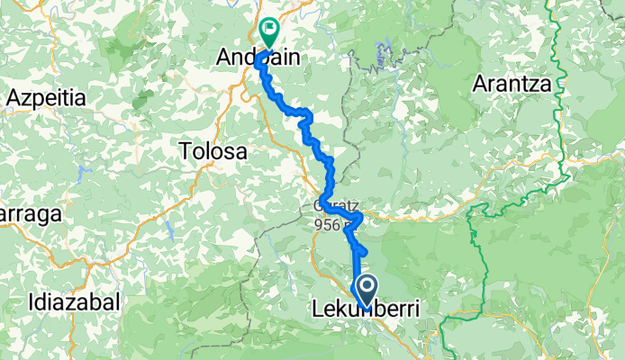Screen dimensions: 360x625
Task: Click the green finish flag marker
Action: (x=268, y=32)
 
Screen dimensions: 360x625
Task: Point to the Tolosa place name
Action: (x=213, y=150)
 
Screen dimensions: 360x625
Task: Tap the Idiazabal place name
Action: (x=73, y=301)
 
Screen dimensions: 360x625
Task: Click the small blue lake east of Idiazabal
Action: (x=168, y=231)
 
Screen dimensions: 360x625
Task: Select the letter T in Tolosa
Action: (x=186, y=150)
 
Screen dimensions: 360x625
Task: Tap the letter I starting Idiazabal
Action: (x=32, y=301)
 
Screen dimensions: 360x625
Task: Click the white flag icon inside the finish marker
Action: (x=268, y=30)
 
